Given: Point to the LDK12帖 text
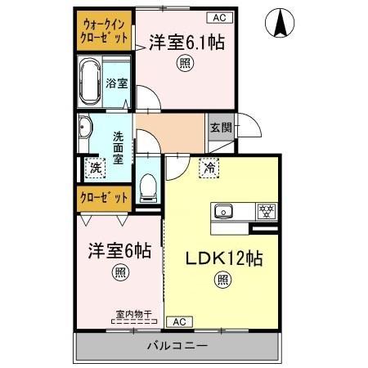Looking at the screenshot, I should click(x=222, y=259).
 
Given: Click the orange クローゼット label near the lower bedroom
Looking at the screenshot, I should click(x=104, y=197).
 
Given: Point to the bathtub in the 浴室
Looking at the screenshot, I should click(x=89, y=82).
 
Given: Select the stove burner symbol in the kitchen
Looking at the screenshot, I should click(x=267, y=210).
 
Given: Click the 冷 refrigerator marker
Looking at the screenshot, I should click(x=209, y=168).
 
